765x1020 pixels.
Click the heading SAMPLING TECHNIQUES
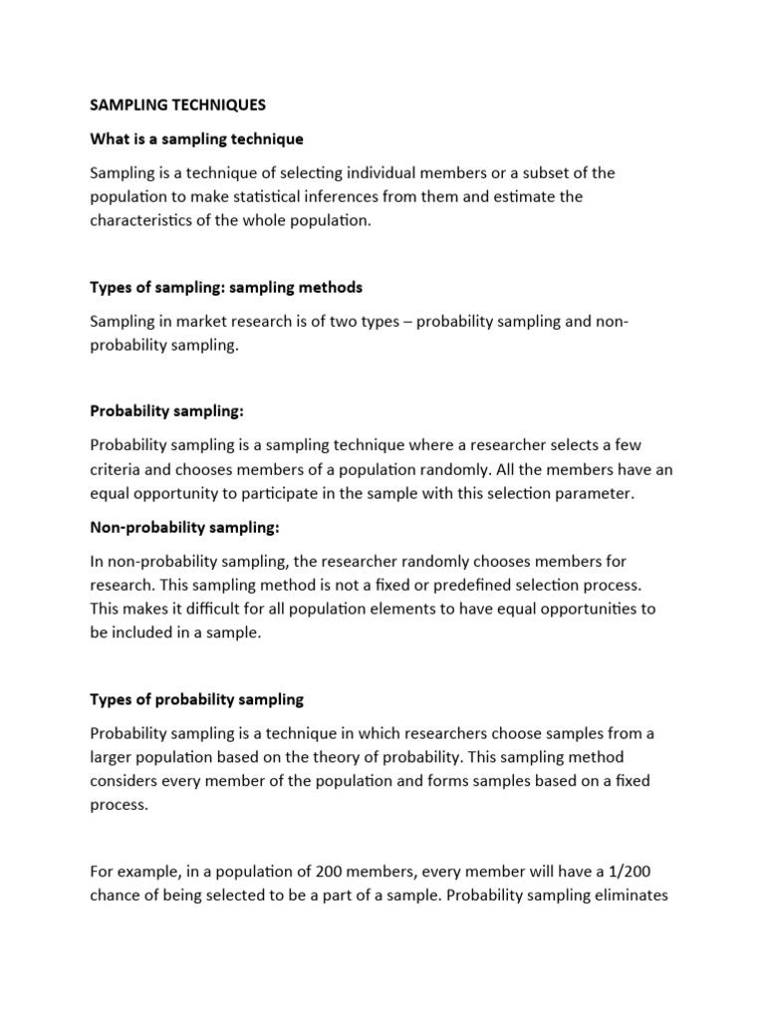178,104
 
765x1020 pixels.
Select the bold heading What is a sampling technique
196,137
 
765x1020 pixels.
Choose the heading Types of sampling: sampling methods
226,287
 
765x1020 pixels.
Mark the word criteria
117,469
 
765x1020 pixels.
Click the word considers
124,781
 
